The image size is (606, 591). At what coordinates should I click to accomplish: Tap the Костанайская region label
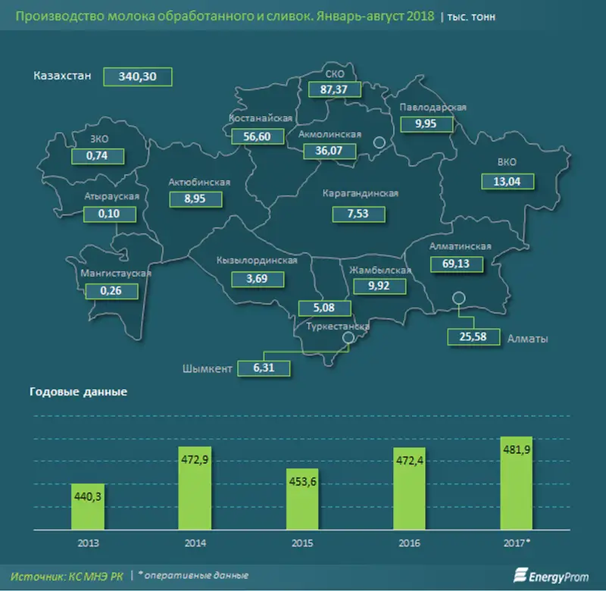coord(261,118)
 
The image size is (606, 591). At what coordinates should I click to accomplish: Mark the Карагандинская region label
coord(361,193)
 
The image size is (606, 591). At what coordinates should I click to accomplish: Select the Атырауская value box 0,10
coord(111,214)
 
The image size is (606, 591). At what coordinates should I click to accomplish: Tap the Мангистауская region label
coord(116,274)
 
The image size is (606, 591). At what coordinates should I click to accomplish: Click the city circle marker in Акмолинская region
coord(380,142)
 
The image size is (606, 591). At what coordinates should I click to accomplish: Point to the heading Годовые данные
coord(78,392)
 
